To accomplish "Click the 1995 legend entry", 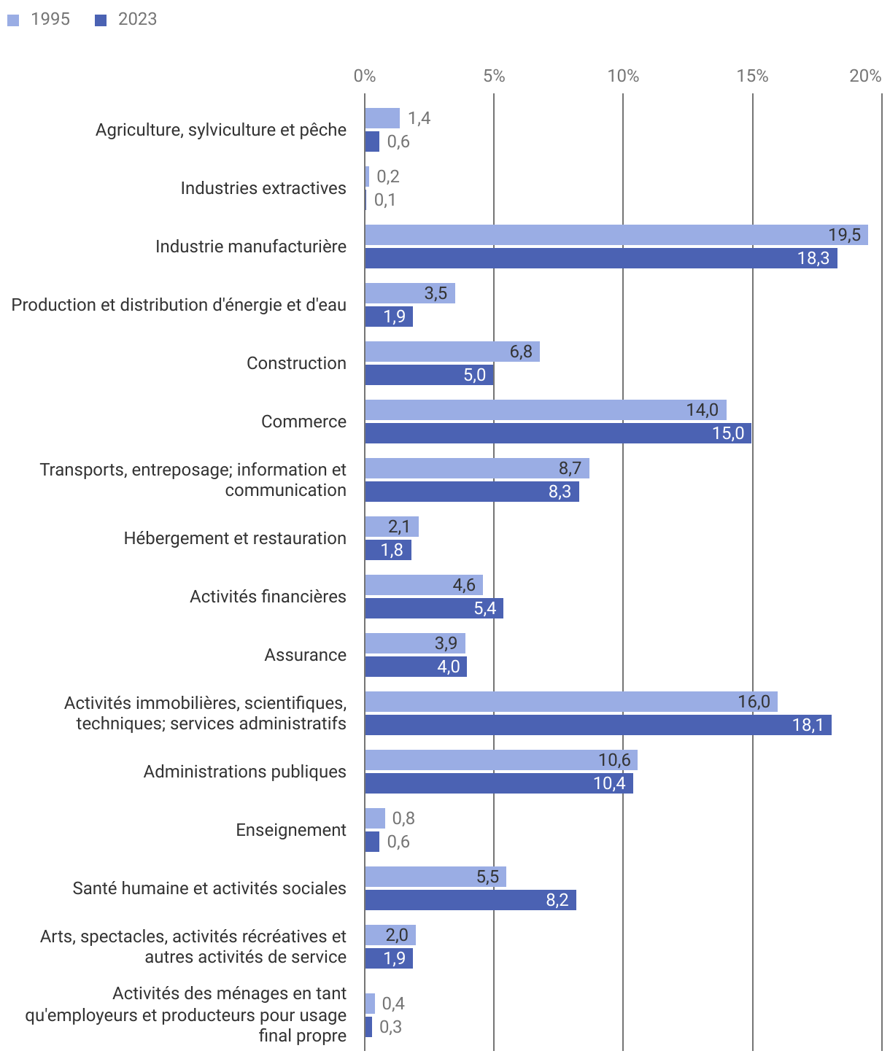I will (x=39, y=20).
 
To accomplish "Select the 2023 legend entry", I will (x=127, y=20).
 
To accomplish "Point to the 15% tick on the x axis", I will (x=752, y=76).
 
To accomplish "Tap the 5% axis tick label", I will (x=494, y=76).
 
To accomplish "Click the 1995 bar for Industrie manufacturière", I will (x=616, y=235).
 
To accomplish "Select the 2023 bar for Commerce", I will (x=558, y=433).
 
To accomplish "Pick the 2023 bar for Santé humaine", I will (x=471, y=900).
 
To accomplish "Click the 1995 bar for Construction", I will (x=452, y=352).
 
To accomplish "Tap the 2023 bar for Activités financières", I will (x=434, y=608).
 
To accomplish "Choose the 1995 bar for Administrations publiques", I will (x=501, y=760).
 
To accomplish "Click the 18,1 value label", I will (x=808, y=725).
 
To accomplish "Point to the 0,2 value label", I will (x=388, y=176).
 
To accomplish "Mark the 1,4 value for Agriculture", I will (x=419, y=118).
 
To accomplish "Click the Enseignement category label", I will (x=291, y=830).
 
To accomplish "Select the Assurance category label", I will (x=305, y=655).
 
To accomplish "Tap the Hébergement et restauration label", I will (x=235, y=538).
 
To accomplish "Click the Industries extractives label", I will (x=263, y=188).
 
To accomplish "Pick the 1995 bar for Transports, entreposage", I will (x=477, y=468).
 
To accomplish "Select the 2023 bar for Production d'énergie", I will (x=389, y=317).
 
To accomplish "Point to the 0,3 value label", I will (x=390, y=1027).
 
